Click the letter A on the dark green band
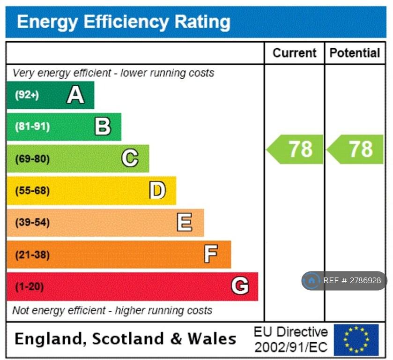point(75,95)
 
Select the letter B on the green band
point(103,127)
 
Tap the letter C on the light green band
point(130,158)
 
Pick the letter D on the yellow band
point(157,190)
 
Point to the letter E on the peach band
point(185,222)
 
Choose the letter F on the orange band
point(211,255)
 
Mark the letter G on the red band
point(240,286)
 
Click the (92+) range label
point(27,95)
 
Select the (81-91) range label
point(32,127)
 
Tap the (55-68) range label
point(32,191)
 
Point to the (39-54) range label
point(32,223)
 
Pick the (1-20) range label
point(30,286)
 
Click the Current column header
point(294,53)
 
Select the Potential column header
point(355,53)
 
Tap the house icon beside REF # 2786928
point(311,281)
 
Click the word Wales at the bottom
point(212,338)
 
